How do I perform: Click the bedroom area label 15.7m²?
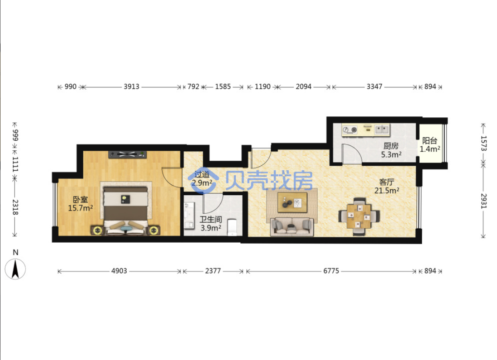[x=81, y=208]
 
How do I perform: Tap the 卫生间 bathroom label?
[x=210, y=219]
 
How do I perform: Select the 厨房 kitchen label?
[x=391, y=146]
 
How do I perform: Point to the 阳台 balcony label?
[x=430, y=140]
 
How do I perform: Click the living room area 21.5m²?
[x=387, y=191]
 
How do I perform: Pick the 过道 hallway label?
[x=202, y=174]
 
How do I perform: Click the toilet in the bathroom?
[x=232, y=227]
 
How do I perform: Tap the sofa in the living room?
[x=292, y=226]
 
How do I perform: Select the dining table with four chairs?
[x=359, y=216]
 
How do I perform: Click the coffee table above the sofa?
[x=292, y=202]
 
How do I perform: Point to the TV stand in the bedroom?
[x=128, y=154]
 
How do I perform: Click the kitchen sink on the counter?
[x=382, y=130]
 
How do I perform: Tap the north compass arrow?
[x=15, y=269]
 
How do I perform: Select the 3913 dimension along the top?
[x=132, y=86]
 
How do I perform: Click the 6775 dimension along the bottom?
[x=331, y=271]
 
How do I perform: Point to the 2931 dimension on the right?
[x=483, y=201]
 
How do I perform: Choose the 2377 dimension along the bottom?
[x=213, y=271]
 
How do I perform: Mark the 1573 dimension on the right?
[x=483, y=144]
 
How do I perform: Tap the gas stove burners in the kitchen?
[x=350, y=130]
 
